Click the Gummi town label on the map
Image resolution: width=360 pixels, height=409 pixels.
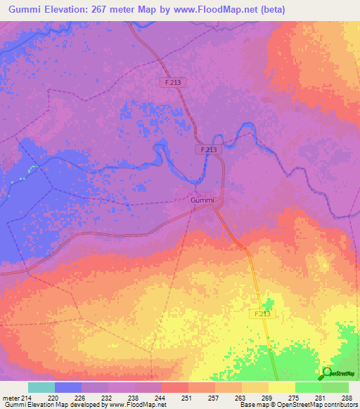tap(202, 200)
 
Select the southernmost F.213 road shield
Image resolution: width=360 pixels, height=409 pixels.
tap(262, 313)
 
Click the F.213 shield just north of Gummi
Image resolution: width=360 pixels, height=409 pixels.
tap(207, 150)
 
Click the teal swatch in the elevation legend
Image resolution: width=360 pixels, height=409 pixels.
tap(41, 387)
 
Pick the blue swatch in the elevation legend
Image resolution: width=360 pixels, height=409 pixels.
tap(68, 387)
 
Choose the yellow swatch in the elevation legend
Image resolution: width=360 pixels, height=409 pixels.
tap(282, 387)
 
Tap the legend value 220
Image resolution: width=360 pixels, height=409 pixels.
tap(53, 397)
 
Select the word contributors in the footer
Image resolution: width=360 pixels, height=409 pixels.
tap(335, 405)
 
